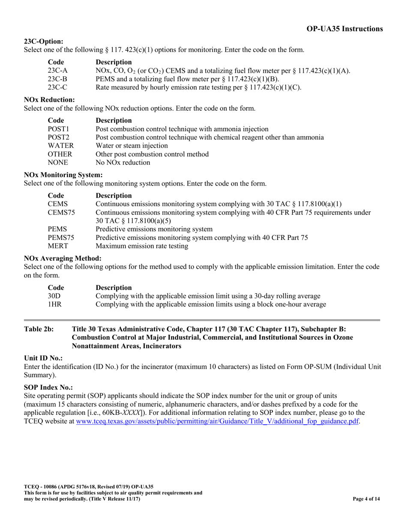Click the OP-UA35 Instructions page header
344,29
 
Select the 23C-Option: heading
43,41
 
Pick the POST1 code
58,129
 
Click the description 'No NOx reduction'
123,163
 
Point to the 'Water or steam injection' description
132,146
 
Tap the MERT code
57,246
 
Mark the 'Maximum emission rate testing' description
142,246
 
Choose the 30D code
54,296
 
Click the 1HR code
54,304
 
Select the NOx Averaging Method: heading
63,258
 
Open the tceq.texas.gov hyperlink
217,421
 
